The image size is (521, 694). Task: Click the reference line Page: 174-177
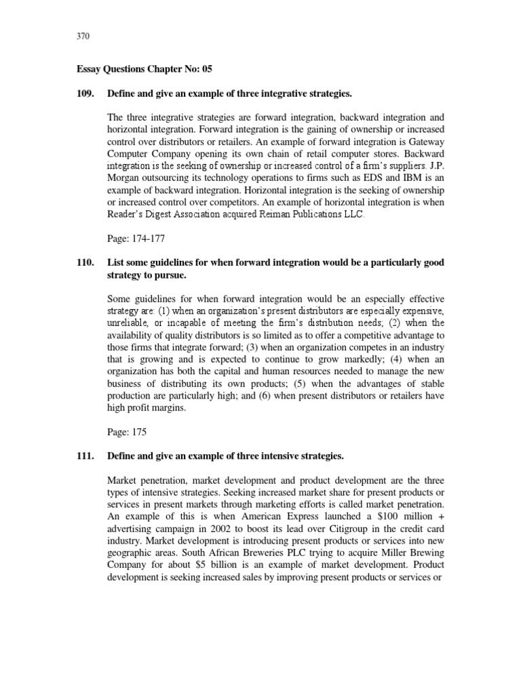point(138,239)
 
